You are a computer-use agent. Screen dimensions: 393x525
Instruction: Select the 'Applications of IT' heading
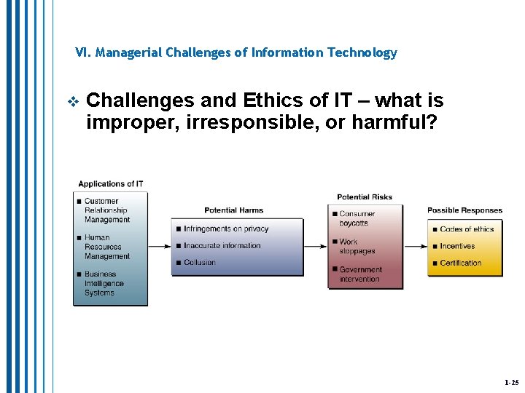111,184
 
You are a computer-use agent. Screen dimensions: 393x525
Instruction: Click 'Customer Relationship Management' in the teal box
106,210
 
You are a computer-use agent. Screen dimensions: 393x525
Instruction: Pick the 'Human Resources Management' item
106,247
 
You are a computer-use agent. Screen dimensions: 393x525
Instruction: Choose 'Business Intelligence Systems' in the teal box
104,284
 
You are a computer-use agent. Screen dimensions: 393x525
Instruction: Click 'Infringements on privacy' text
226,229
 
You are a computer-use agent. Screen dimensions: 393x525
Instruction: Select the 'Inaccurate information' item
222,246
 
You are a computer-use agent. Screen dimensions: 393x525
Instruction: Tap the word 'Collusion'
200,263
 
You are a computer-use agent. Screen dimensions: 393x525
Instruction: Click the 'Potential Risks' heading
364,196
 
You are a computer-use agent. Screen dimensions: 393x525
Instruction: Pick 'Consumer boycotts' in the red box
357,218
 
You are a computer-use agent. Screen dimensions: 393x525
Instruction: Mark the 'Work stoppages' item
357,246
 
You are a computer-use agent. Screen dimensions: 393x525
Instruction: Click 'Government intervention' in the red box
360,274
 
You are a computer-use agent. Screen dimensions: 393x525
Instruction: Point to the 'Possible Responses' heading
464,210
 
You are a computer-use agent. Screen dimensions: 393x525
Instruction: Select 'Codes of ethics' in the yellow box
467,229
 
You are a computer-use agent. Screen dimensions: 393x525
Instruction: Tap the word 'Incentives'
457,246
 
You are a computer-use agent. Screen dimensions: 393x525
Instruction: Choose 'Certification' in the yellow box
460,263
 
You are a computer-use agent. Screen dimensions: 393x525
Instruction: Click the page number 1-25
511,382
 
